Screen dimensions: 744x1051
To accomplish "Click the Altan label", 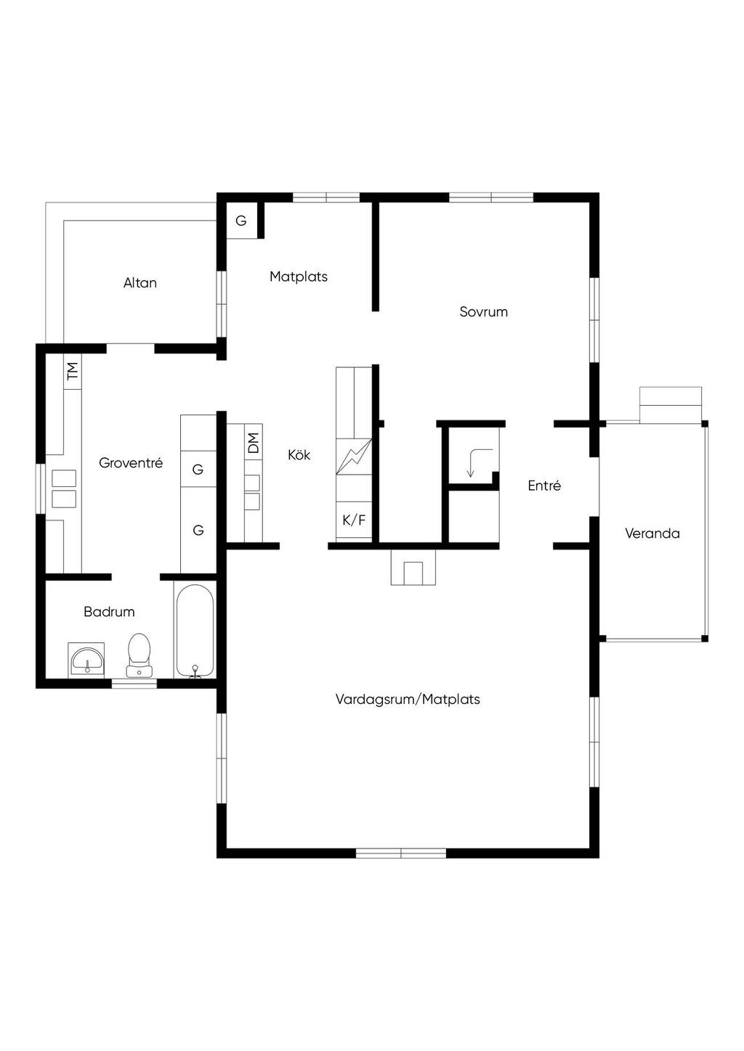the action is (140, 283).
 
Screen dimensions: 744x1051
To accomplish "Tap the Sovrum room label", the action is (483, 312).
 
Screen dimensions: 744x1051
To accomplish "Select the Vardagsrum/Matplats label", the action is (408, 700).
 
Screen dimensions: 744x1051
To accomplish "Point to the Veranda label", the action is (652, 533).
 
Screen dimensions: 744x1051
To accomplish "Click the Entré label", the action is (544, 486).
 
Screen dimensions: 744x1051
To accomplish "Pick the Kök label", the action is (299, 454).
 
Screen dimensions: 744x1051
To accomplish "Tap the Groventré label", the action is (131, 462).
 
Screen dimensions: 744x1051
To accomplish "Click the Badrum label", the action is (109, 612).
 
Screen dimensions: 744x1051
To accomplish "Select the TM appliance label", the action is (73, 371).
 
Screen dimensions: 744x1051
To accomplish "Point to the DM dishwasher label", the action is (253, 443).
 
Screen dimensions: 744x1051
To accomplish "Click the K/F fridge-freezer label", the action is (354, 520).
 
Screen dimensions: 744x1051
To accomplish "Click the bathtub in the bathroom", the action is (195, 630).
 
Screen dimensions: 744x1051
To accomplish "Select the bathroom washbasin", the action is (86, 661).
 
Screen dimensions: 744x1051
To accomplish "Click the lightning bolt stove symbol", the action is (354, 457).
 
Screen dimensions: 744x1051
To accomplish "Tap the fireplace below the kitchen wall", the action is (413, 568).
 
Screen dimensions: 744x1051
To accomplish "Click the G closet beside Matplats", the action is (241, 221).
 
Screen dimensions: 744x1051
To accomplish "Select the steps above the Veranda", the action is (671, 405).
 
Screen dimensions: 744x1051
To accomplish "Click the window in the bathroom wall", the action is (134, 684).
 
